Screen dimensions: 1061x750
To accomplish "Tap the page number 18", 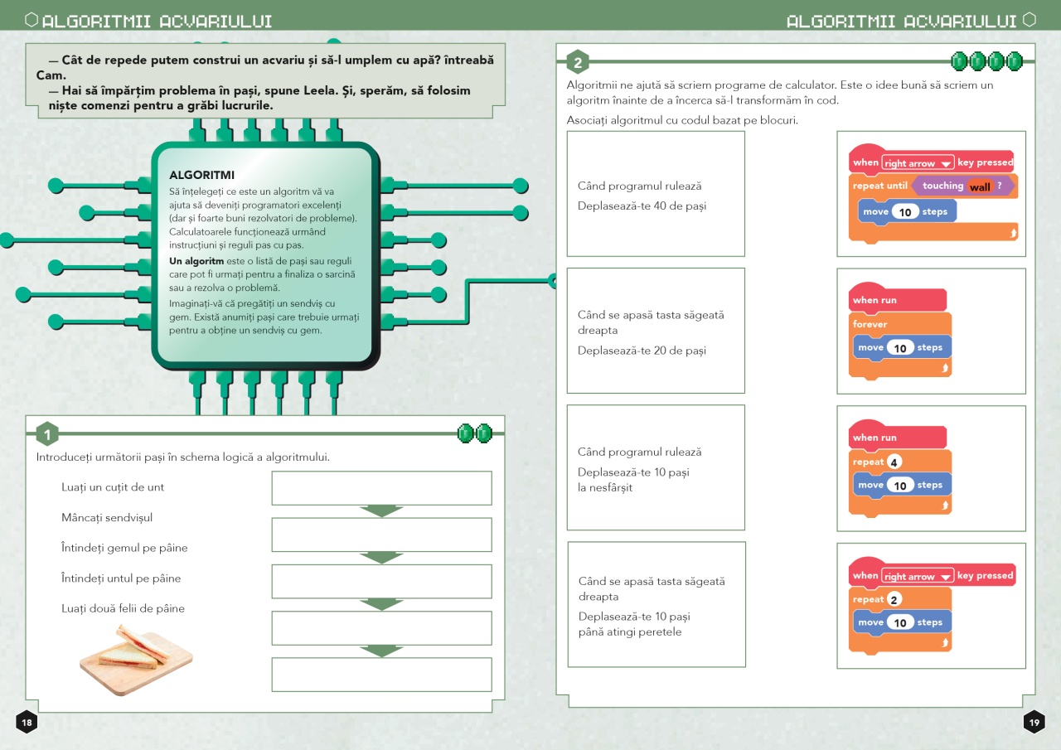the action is tap(27, 722).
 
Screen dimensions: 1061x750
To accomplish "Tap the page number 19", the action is tap(1034, 722).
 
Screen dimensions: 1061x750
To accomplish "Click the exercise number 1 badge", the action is tap(47, 433).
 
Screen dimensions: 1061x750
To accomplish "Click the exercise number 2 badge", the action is tap(578, 62).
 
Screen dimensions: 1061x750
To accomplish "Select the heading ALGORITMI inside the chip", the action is tap(201, 175).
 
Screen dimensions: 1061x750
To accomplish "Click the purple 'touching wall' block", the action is tap(962, 186).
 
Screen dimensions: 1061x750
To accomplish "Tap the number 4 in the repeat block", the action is tap(894, 462).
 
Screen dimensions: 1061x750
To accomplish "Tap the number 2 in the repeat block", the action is tap(894, 599).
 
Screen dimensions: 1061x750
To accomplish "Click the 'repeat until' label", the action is tap(880, 186).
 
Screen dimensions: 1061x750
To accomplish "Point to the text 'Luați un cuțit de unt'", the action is tap(113, 487).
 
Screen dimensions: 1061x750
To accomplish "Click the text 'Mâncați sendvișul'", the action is tap(107, 517).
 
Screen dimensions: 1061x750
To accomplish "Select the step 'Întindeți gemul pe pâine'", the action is tap(124, 548).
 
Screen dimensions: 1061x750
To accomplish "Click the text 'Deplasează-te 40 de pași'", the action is tap(642, 206).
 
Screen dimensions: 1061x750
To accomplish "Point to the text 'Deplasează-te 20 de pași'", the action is tap(642, 351).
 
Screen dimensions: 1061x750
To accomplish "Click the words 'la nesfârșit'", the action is tap(605, 487).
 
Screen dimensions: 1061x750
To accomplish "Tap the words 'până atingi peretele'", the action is tap(630, 632).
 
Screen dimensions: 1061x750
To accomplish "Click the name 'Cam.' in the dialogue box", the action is tap(51, 75).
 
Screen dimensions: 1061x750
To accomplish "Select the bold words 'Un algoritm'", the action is tap(196, 261).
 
